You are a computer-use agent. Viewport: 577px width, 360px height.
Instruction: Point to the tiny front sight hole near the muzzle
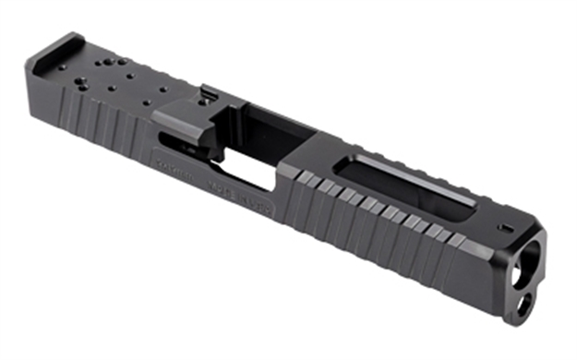503,226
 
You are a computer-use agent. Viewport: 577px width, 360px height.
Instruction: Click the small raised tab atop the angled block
210,92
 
